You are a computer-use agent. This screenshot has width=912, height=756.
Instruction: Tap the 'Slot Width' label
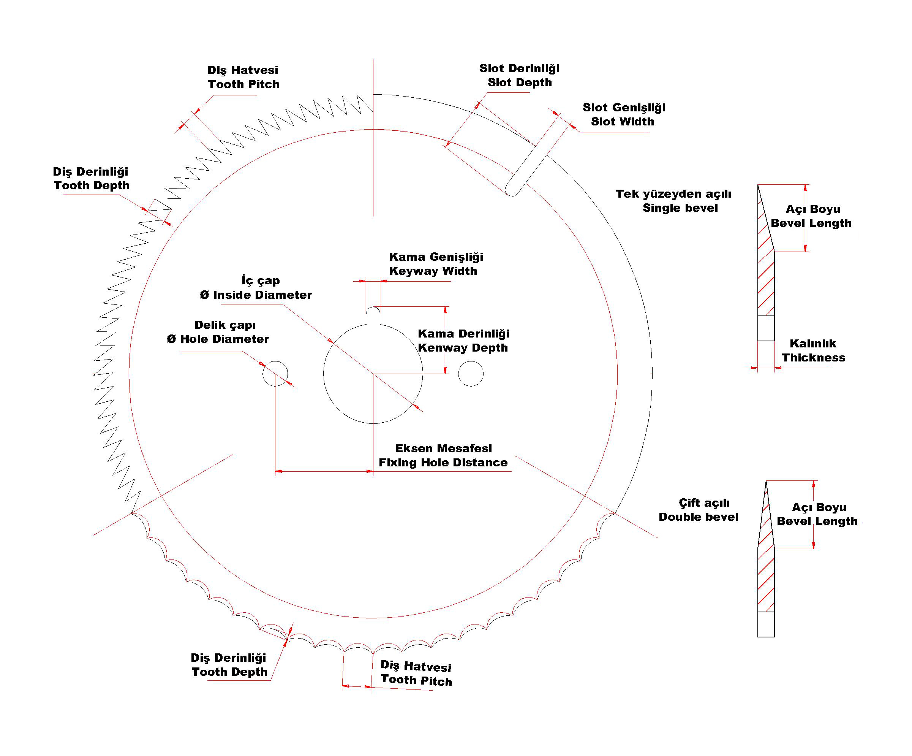coord(622,122)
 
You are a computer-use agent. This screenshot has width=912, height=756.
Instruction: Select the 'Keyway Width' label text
coord(433,271)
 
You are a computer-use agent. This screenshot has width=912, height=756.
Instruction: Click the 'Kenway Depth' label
coord(463,347)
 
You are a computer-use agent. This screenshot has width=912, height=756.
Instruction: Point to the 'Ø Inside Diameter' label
coord(256,295)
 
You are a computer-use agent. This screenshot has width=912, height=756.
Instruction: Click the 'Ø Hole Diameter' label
coord(218,339)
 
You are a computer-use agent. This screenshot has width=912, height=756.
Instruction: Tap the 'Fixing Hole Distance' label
coord(443,462)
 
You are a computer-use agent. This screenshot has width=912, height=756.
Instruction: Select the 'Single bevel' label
coord(680,208)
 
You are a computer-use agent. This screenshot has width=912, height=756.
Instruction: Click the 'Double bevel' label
coord(698,517)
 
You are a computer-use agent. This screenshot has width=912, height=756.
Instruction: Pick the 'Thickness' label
coord(813,358)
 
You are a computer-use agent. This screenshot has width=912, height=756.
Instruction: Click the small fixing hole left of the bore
coord(275,373)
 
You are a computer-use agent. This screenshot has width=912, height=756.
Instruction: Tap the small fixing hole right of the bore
coord(471,373)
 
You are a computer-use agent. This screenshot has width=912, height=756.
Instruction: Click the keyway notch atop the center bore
coord(373,315)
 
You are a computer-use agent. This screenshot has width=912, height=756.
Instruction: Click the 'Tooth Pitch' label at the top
coord(243,84)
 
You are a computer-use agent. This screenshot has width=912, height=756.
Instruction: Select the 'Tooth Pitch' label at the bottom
coord(416,680)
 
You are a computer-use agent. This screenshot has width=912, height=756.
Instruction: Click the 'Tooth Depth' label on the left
coord(92,185)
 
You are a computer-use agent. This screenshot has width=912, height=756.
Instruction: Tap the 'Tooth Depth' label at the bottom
coord(229,672)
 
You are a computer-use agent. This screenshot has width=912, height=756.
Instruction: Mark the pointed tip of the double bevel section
coord(766,481)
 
